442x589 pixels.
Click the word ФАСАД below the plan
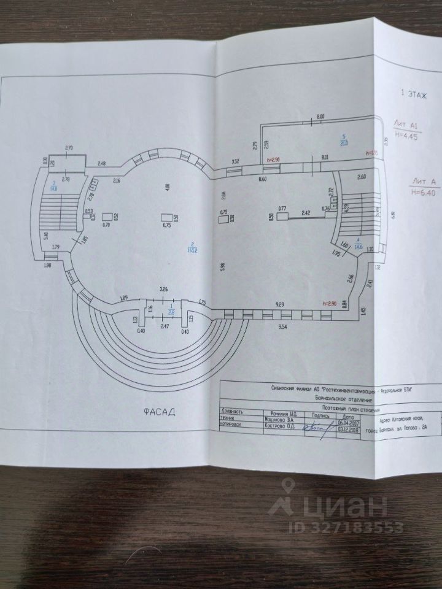156,412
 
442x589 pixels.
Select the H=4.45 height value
406,136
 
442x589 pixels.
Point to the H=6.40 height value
422,191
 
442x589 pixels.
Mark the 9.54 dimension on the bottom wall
282,328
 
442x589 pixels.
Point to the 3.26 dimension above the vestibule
163,288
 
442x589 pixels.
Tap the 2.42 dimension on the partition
305,213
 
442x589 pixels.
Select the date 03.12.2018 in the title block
349,429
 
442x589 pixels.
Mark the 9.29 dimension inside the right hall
281,304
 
